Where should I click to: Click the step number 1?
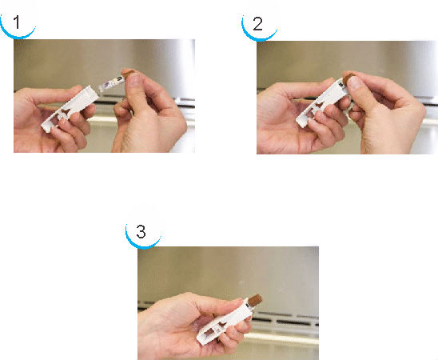[17, 22]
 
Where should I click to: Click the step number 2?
[257, 24]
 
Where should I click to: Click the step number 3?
[141, 232]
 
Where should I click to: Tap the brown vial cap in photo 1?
[127, 74]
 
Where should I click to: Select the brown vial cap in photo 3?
[255, 301]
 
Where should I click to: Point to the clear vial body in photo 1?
[111, 83]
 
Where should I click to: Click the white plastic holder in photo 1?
[70, 108]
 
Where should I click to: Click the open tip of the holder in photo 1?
[94, 92]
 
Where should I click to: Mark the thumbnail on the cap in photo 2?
[352, 82]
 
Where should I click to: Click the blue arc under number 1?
[18, 34]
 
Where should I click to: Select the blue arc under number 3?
[143, 245]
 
